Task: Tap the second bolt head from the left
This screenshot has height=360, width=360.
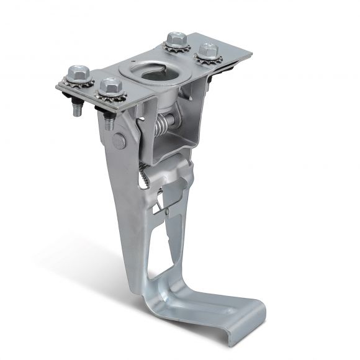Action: click(111, 86)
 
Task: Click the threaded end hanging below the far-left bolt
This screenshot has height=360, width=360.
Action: click(74, 110)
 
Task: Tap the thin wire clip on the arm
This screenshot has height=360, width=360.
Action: click(163, 202)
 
